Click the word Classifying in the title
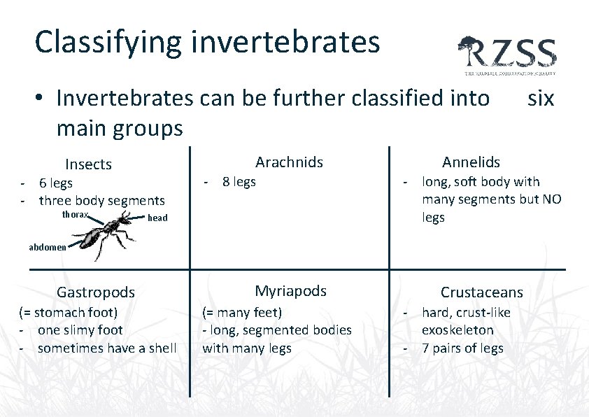(x=108, y=42)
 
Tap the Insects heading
(x=88, y=164)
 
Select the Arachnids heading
(x=289, y=162)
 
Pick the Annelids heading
(x=471, y=162)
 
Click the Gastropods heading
(x=95, y=292)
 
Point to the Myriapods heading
(x=290, y=291)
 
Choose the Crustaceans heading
(x=481, y=292)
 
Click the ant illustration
(x=105, y=234)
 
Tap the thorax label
(x=75, y=215)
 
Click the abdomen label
(x=48, y=247)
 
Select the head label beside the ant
(x=157, y=218)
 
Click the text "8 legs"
(x=239, y=182)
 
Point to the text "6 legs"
(x=55, y=183)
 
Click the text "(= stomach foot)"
(x=68, y=312)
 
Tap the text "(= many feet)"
(x=241, y=312)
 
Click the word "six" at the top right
(x=540, y=99)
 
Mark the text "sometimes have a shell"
(x=107, y=348)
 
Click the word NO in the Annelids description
(x=550, y=199)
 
